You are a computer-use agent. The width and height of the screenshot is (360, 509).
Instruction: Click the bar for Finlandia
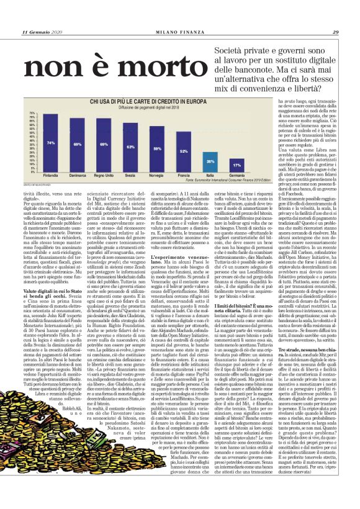[x=51, y=143]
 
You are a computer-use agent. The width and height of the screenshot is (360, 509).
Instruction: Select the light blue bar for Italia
[x=210, y=162]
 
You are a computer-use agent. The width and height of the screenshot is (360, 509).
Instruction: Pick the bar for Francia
[x=184, y=154]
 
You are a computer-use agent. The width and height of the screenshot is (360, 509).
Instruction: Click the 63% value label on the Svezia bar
[x=131, y=147]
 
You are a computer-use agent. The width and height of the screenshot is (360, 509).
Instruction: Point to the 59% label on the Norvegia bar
[x=158, y=149]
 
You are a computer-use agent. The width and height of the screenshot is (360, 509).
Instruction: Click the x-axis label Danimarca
[x=78, y=176]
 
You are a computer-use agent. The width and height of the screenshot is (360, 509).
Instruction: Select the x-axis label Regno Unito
[x=104, y=176]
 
